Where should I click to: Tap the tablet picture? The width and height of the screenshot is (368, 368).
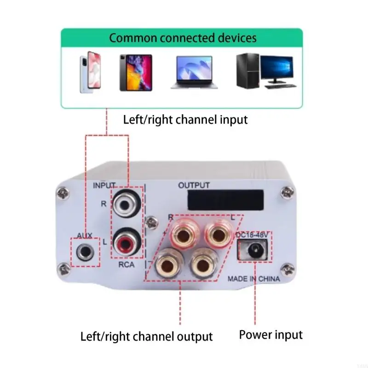(135, 72)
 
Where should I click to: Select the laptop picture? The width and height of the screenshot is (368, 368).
(194, 72)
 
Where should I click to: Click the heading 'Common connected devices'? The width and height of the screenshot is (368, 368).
(183, 37)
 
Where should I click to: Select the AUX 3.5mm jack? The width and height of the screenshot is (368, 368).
(86, 251)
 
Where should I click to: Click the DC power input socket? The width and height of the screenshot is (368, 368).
(253, 251)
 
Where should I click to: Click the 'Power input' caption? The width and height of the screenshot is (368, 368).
(271, 335)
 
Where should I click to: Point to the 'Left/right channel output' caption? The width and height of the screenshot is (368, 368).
(146, 336)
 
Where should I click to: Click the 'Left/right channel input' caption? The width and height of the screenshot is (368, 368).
(185, 120)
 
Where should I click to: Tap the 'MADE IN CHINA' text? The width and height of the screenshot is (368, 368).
(253, 279)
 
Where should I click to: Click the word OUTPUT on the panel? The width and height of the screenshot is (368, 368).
(194, 185)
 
